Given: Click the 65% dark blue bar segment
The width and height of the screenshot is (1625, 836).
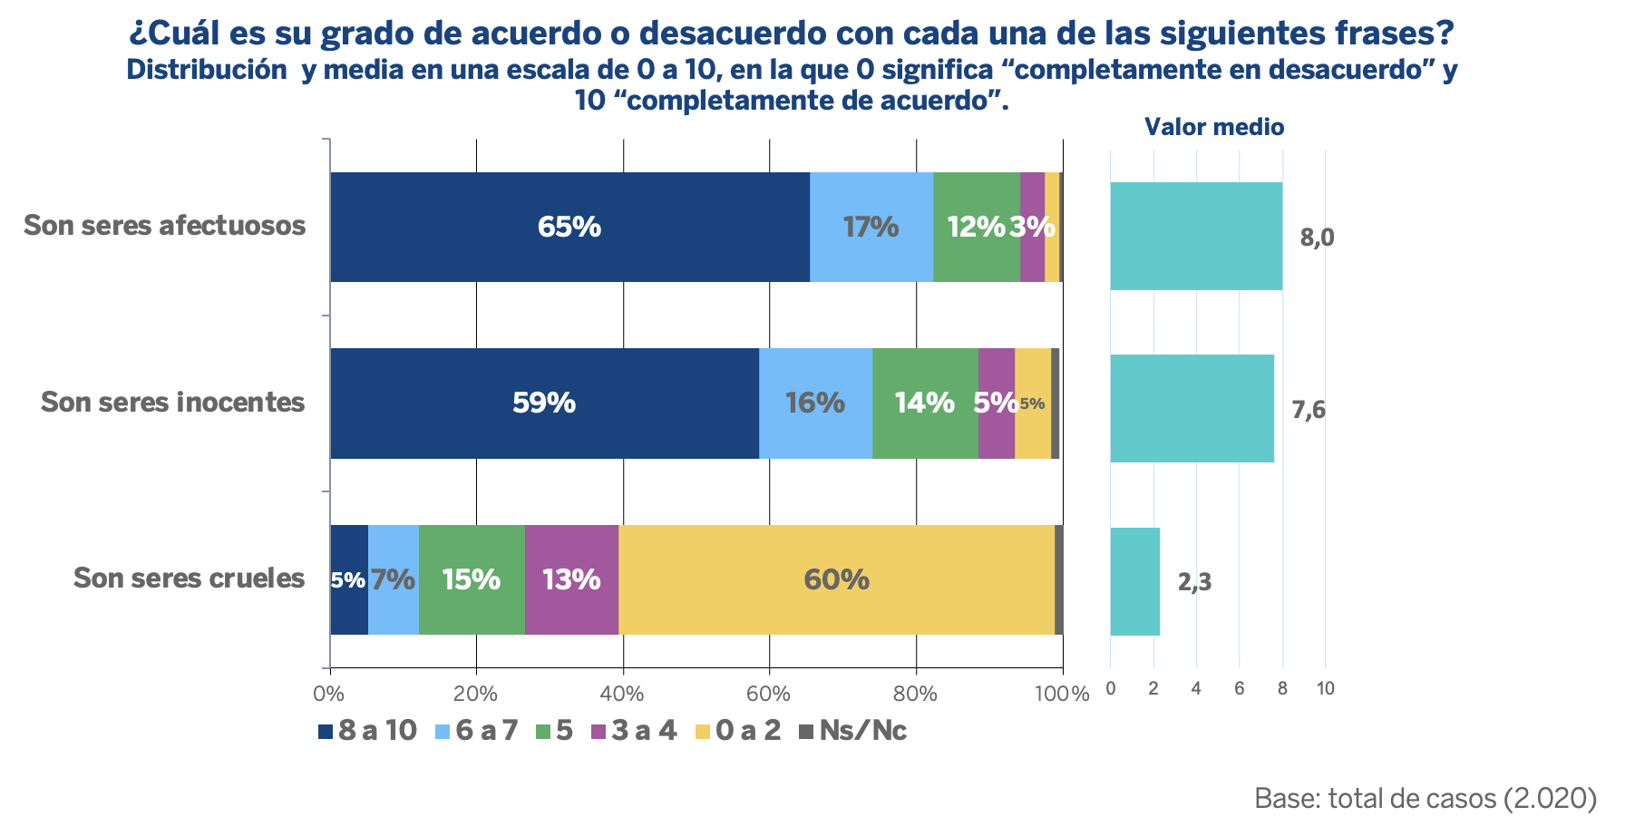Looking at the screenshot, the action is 570,227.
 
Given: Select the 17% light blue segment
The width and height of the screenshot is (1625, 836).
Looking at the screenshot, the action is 871,227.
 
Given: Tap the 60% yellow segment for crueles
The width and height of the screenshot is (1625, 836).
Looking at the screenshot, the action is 836,579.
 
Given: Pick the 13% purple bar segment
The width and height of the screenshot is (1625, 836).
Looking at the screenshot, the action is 571,579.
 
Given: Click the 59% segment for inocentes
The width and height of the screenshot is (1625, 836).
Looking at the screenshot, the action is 545,403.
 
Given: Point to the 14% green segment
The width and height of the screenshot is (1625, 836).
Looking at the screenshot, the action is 925,403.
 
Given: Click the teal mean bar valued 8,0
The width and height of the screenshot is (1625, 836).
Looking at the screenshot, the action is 1196,236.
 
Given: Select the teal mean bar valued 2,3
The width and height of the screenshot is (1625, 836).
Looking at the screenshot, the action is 1135,581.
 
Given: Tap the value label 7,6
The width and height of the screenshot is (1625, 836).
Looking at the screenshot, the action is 1309,411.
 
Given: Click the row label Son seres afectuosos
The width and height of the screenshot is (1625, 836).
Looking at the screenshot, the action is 165,225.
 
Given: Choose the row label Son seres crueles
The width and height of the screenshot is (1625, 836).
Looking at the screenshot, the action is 189,578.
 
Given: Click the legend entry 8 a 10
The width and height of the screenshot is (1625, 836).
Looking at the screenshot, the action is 367,731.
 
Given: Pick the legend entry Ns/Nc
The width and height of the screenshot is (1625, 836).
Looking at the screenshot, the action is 852,731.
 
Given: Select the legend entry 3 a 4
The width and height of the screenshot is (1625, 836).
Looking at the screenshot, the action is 634,731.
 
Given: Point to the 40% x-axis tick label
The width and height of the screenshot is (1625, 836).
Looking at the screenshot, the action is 622,695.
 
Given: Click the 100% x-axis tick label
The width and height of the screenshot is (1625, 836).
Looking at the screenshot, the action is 1062,695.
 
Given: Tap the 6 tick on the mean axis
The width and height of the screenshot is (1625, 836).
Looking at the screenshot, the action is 1240,689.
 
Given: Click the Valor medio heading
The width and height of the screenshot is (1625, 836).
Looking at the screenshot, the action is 1214,127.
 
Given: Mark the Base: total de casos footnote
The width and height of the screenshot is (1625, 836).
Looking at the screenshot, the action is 1426,798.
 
